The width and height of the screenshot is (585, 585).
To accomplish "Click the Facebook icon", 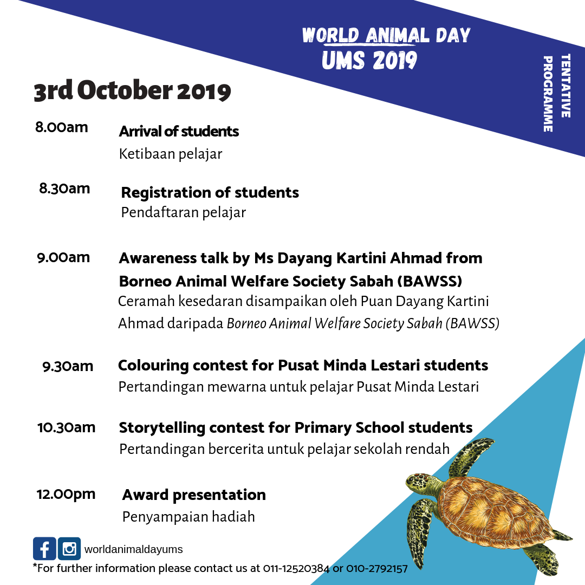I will coord(44,548).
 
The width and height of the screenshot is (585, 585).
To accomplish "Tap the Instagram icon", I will coord(69,548).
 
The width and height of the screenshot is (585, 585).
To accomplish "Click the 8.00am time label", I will coord(61,128).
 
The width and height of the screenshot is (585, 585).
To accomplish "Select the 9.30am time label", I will coord(68,367).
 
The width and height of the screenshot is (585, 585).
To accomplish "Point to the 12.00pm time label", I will coord(66,494).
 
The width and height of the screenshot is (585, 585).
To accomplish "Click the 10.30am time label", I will coord(66,427).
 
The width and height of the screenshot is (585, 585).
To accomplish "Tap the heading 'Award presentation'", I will coord(194,495).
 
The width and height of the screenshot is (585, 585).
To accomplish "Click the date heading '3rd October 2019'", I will coord(132,92).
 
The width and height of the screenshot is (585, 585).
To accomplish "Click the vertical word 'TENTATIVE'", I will coord(565,86).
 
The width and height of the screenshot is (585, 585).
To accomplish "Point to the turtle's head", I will coord(420,481).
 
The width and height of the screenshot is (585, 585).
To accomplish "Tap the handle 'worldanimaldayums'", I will coord(133,549).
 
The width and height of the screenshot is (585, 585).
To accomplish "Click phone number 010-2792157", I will coord(377,569).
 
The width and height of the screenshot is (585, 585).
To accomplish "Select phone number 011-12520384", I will coord(296,569).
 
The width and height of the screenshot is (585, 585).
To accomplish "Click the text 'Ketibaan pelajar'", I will coord(171,154).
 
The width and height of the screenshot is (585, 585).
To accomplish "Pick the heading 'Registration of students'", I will coord(210,192).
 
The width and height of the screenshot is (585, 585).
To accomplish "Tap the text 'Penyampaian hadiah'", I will coord(188,517).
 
